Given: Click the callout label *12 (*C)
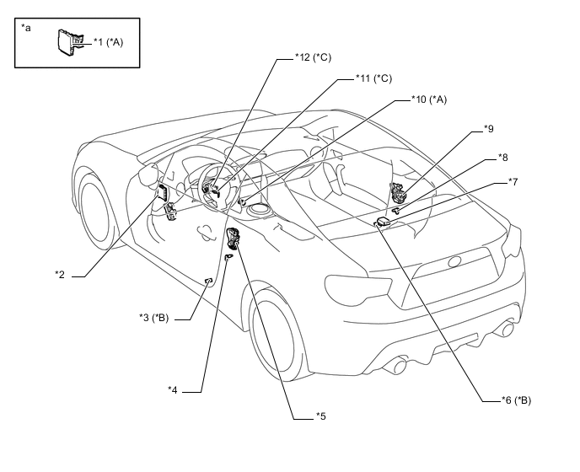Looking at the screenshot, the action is [313, 57].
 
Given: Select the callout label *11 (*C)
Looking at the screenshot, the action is [373, 78].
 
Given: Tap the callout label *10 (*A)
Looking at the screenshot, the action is [429, 99].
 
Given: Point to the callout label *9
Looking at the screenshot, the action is [489, 129].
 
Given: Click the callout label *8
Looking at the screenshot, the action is [502, 158].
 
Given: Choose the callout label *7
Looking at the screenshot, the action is [513, 181].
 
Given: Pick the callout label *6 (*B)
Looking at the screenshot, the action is [516, 400].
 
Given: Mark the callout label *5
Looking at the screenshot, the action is [320, 416].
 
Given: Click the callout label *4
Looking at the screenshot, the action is [172, 390].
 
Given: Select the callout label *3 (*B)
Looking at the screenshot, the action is [153, 318].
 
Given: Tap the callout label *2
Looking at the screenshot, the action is [60, 275].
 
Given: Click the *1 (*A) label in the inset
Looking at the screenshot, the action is [108, 42].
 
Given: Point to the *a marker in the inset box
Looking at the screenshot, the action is [26, 27].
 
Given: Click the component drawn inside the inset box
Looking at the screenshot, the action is [69, 42].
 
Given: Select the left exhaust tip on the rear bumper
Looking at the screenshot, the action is [400, 366].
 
